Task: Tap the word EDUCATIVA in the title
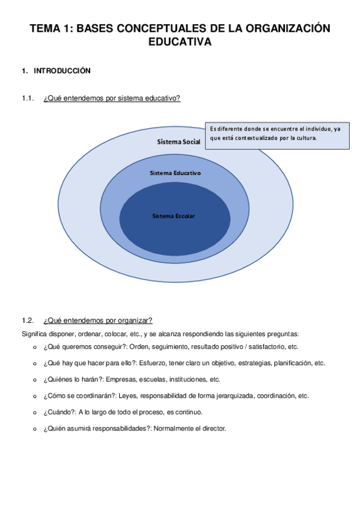tap(180, 42)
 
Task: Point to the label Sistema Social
tap(178, 142)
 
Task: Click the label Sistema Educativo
tap(175, 173)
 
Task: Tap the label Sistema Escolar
tap(174, 215)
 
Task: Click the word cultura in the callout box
tap(304, 138)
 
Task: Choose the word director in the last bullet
tap(213, 428)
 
